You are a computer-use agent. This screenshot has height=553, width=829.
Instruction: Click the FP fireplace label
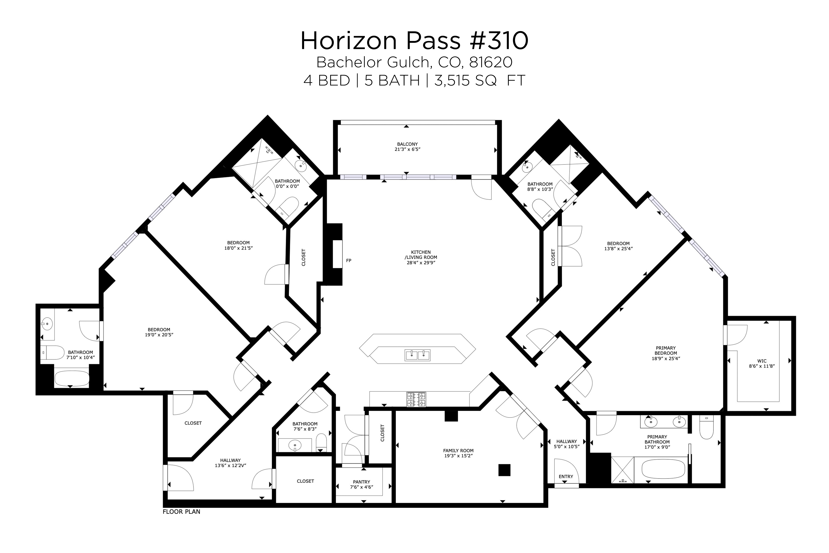(348, 261)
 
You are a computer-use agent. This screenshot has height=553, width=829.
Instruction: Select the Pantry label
(361, 482)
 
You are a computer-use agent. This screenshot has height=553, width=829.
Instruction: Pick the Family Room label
(458, 450)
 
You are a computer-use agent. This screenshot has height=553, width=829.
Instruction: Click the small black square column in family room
(504, 470)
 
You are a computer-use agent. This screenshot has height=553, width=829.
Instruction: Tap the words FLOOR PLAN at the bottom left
(181, 512)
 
